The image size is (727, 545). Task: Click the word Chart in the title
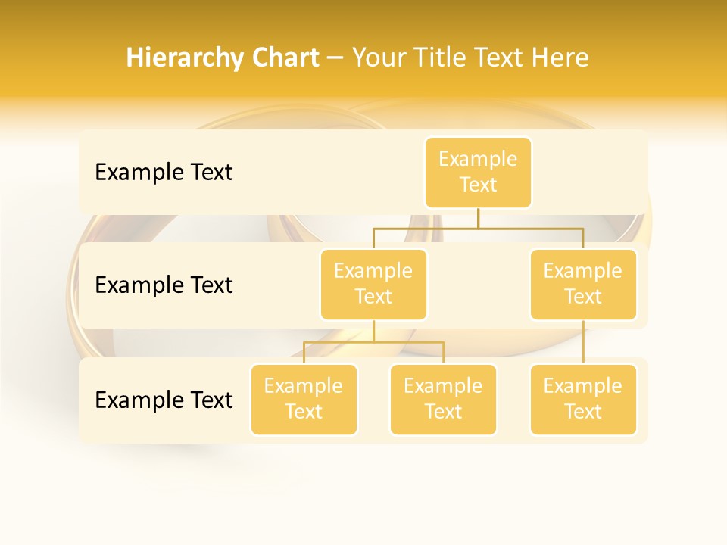click(x=284, y=58)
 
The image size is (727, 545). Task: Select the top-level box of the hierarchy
click(x=478, y=172)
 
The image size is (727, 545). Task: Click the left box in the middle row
click(x=373, y=284)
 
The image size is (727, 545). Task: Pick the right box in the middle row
click(x=583, y=284)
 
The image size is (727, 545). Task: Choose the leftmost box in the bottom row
click(x=304, y=399)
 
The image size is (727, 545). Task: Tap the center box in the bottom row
click(x=443, y=399)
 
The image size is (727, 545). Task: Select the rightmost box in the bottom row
click(x=583, y=399)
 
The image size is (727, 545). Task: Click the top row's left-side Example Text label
click(x=164, y=173)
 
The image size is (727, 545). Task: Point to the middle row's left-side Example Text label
click(x=164, y=285)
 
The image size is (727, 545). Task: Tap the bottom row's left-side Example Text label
click(x=164, y=400)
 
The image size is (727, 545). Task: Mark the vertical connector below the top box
click(x=478, y=218)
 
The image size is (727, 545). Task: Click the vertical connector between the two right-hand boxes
click(x=583, y=342)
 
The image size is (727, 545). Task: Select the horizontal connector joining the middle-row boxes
click(x=478, y=227)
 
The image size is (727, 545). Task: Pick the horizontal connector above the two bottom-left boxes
click(x=373, y=342)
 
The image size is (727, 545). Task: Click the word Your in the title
click(x=376, y=58)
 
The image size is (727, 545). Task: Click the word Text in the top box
click(x=478, y=185)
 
